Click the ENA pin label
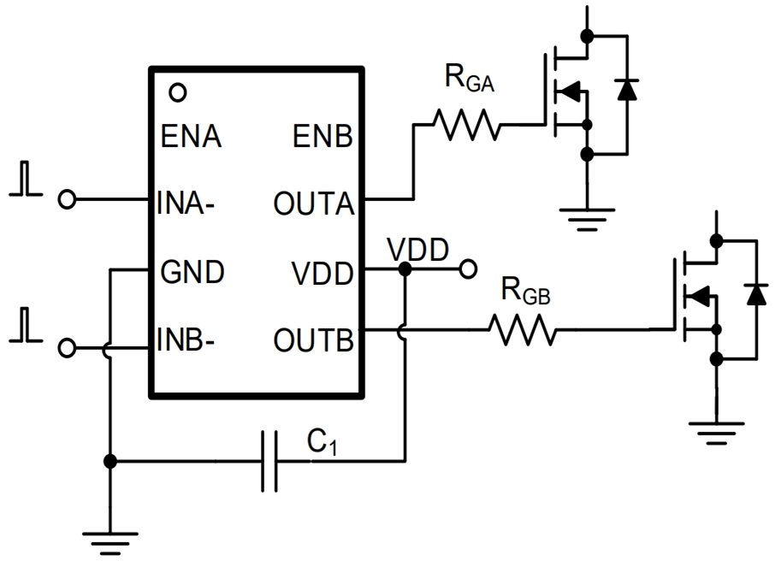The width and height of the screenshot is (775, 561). pos(191,136)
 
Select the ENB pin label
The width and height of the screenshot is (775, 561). pos(322,136)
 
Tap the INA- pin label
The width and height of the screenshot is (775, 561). pos(186,204)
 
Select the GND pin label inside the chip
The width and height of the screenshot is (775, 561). pos(192,273)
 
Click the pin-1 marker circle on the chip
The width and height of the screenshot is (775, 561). pos(178,92)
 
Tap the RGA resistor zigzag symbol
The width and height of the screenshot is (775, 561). pos(467,125)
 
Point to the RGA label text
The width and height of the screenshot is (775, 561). pos(470,80)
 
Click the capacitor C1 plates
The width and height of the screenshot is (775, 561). pos(269,462)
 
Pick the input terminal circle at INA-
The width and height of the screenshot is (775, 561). pos(67,199)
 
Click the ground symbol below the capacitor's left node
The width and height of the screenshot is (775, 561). pos(109,540)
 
